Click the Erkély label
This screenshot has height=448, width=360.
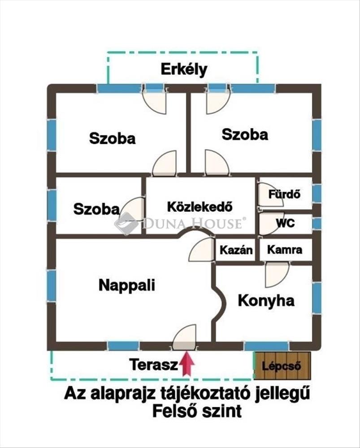click(x=184, y=69)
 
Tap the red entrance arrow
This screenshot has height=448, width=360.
click(x=187, y=363)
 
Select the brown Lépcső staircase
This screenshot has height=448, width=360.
click(x=282, y=366)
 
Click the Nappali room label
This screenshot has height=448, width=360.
click(x=127, y=285)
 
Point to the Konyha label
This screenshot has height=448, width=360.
click(x=266, y=301)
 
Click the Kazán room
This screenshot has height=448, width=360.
click(x=236, y=250)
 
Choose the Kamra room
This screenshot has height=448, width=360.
click(x=285, y=250)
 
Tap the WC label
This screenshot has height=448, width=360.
click(x=286, y=223)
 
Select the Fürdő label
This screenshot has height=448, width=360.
click(x=284, y=194)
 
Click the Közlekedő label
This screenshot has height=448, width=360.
click(x=200, y=207)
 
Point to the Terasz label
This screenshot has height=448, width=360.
click(x=154, y=365)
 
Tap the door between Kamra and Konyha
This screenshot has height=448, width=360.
click(x=277, y=275)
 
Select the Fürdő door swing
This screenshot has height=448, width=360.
click(x=270, y=194)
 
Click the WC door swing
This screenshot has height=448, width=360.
click(x=270, y=224)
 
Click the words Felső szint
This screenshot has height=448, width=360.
click(x=197, y=411)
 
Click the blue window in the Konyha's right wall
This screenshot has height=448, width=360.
click(x=317, y=298)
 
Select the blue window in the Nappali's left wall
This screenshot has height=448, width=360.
click(x=52, y=285)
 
